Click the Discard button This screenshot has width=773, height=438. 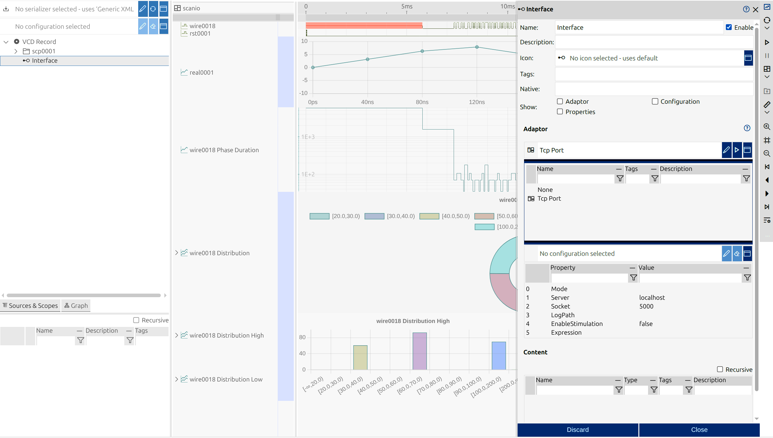tap(578, 430)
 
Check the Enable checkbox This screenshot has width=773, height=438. tap(729, 27)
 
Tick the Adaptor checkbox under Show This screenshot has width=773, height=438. tap(560, 101)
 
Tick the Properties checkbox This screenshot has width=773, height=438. tap(560, 112)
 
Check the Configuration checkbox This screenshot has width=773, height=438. tap(655, 101)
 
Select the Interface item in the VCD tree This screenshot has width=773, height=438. tap(45, 61)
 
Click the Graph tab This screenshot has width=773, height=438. tap(76, 306)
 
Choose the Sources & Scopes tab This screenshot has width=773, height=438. tap(30, 306)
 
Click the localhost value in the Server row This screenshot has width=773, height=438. tap(652, 297)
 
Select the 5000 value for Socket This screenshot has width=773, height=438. tap(646, 306)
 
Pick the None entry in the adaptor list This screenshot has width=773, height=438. tap(545, 190)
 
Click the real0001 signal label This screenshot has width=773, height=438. tap(201, 73)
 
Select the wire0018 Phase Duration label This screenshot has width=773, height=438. tap(224, 150)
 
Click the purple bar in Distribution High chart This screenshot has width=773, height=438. tap(419, 351)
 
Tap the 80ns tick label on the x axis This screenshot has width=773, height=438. tap(422, 102)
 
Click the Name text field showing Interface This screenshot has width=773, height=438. tap(639, 27)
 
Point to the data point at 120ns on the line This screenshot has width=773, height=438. tap(477, 47)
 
